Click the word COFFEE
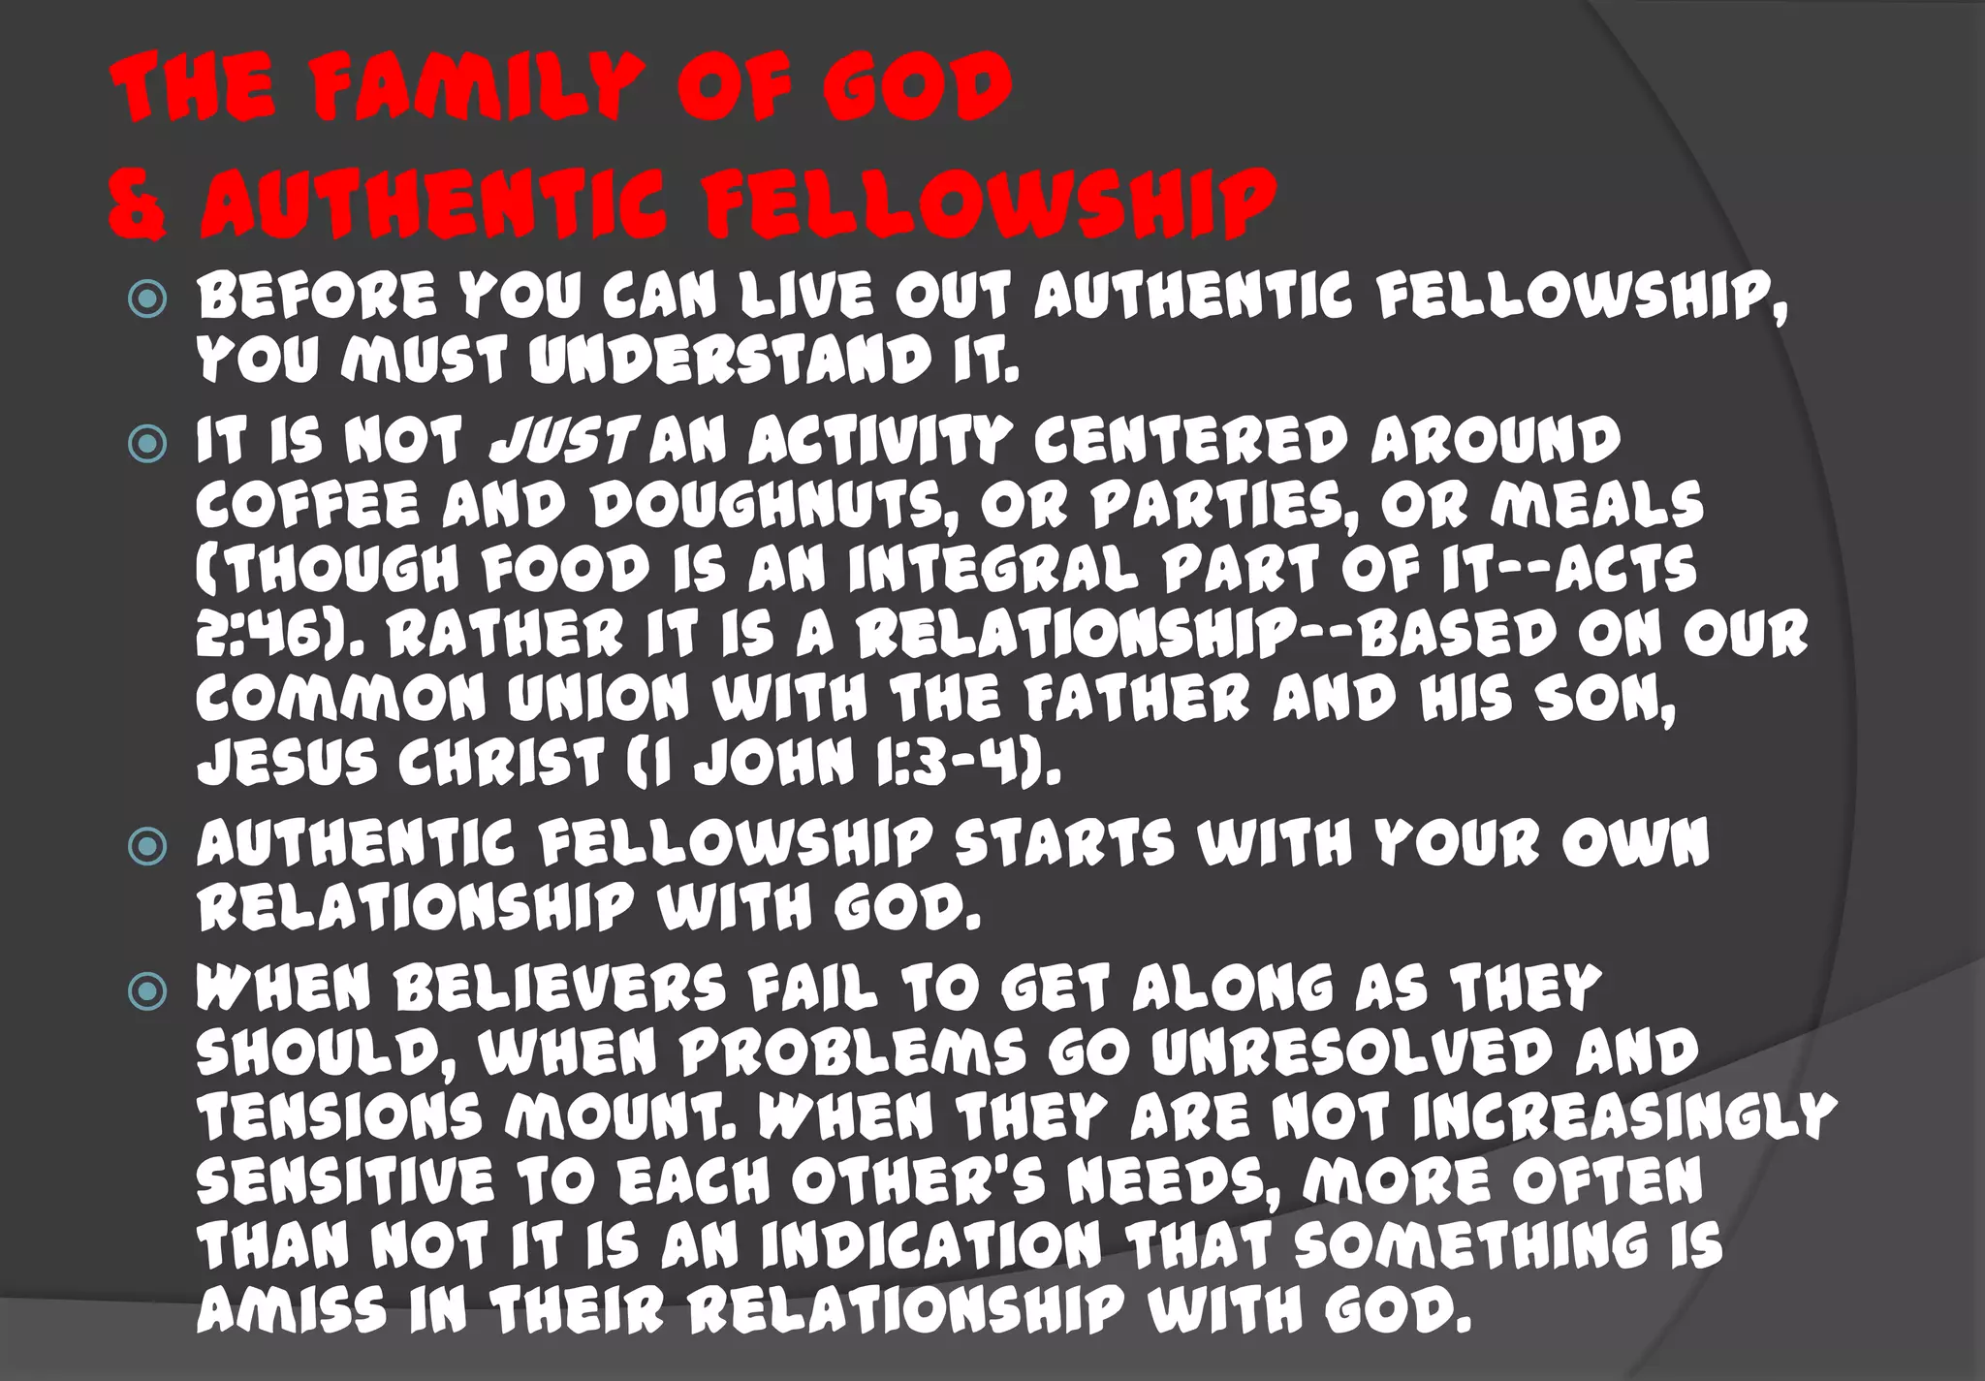(x=307, y=505)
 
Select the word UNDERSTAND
(x=731, y=361)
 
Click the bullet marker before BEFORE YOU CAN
(x=147, y=298)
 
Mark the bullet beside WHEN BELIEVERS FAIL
(x=147, y=991)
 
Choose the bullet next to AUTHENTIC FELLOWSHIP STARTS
(x=147, y=846)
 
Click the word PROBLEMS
(x=852, y=1052)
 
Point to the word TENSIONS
(x=339, y=1116)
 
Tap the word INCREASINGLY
(x=1624, y=1116)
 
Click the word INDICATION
(x=931, y=1245)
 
